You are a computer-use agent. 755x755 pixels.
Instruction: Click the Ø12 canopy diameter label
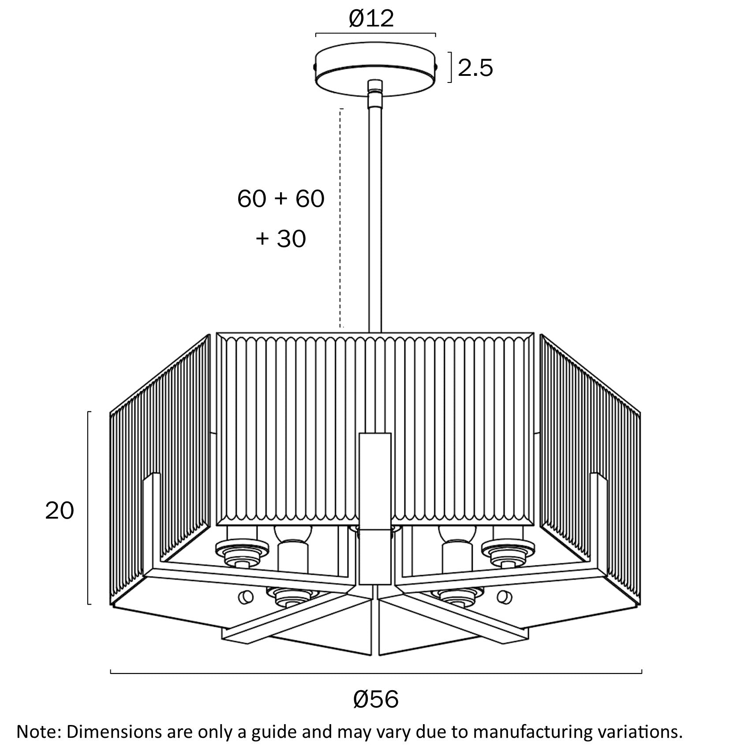point(371,19)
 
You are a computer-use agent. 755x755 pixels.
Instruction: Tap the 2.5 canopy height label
point(475,68)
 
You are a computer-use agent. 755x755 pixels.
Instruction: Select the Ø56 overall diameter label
point(376,699)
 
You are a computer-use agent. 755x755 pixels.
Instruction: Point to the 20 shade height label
point(60,511)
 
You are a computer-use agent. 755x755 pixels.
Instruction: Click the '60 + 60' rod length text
point(281,199)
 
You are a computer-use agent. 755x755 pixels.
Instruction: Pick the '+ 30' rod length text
point(281,239)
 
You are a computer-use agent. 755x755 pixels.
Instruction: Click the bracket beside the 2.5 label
point(450,67)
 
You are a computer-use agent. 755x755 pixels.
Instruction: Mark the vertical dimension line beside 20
point(89,507)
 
